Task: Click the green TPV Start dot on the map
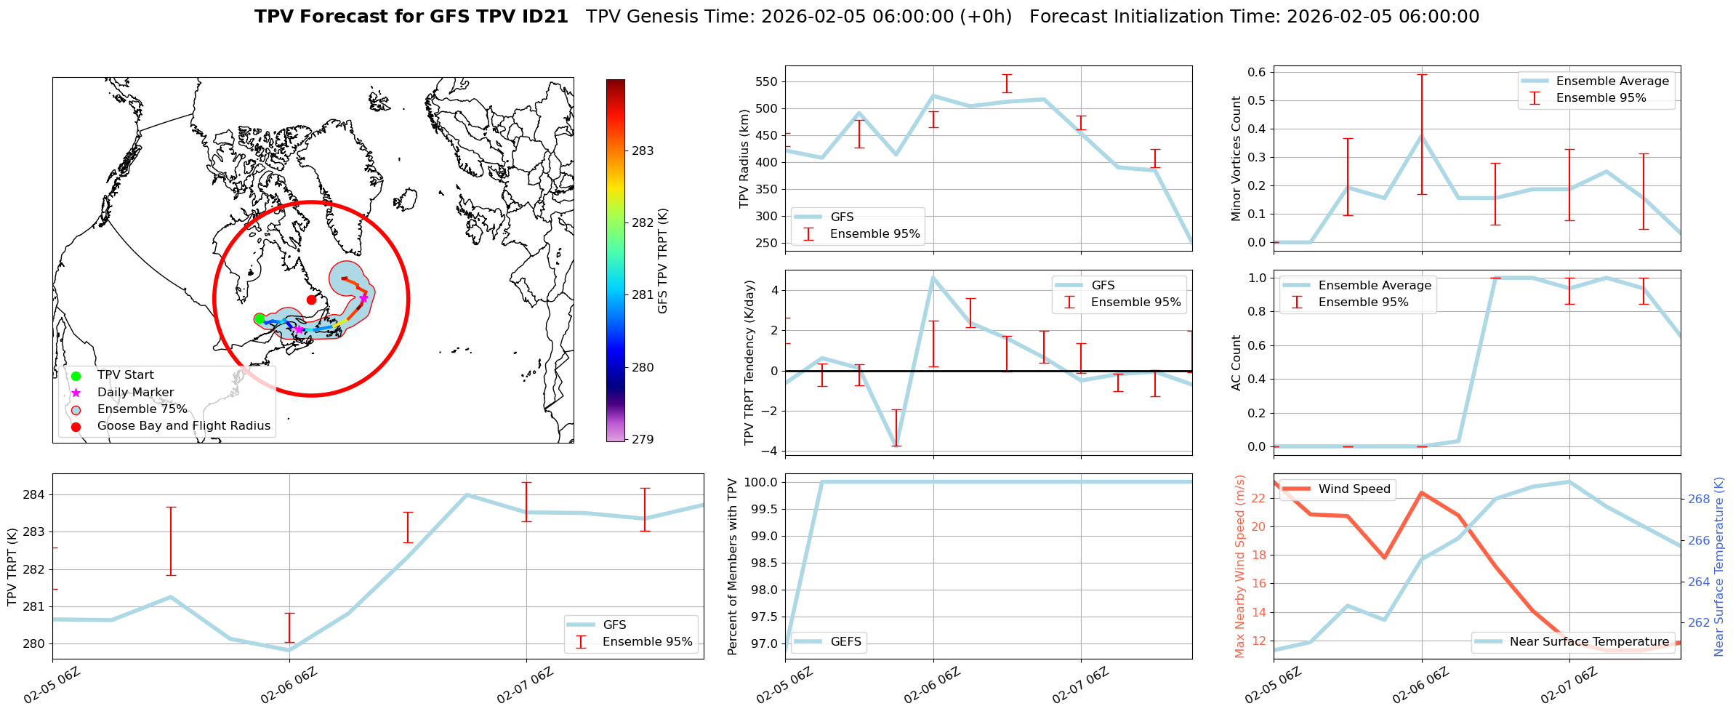pos(260,318)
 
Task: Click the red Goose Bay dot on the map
pos(311,300)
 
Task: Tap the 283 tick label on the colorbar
pos(643,151)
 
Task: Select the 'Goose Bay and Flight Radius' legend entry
pos(183,426)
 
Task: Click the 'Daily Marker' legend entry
pos(135,393)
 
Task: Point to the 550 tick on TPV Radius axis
pos(767,81)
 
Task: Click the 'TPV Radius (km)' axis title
pos(744,159)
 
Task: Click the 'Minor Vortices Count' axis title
pos(1236,159)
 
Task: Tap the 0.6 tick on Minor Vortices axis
pos(1256,72)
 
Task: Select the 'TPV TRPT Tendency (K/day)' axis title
pos(749,362)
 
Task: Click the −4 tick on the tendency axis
pos(769,451)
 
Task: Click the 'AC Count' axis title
pos(1236,362)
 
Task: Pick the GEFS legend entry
pos(845,642)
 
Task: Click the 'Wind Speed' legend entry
pos(1354,489)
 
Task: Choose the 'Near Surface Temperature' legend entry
pos(1588,642)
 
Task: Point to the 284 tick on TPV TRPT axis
pos(35,495)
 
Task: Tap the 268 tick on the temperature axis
pos(1699,499)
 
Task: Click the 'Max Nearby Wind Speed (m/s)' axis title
pos(1239,566)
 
